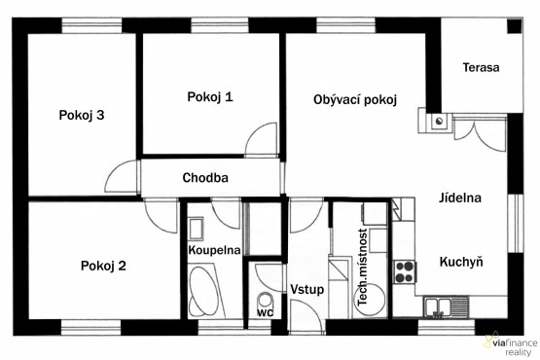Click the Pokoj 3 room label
[82, 115]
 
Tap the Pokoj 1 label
[210, 96]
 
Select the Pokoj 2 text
[103, 266]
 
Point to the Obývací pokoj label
[355, 100]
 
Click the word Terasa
[481, 67]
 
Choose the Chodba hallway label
[205, 178]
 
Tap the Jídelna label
[460, 198]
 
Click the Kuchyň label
[461, 262]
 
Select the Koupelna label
[214, 250]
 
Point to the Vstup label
[307, 289]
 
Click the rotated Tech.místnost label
[363, 268]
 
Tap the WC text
[266, 313]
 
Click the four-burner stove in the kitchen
[405, 271]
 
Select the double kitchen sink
[447, 306]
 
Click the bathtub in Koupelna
[206, 291]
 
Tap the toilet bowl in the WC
[266, 300]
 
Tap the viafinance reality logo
[511, 345]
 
